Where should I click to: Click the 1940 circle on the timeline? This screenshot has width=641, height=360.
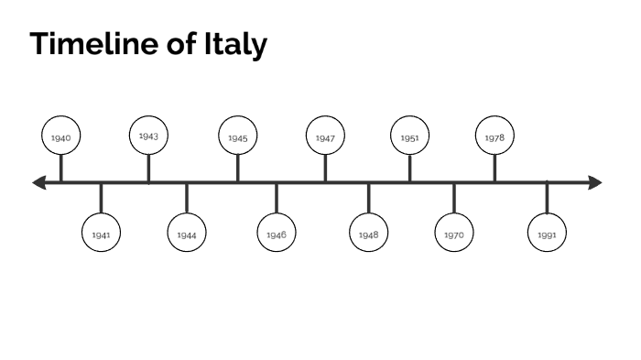click(61, 137)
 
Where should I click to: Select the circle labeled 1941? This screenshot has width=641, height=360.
click(101, 235)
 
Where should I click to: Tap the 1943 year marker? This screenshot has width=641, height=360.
click(148, 136)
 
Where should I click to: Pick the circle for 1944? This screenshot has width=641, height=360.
click(187, 235)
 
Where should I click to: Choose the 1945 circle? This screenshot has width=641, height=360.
click(238, 137)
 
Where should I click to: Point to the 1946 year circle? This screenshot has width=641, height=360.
click(277, 235)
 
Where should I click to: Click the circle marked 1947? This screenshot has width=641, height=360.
click(325, 137)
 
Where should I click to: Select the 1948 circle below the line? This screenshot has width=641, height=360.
click(369, 235)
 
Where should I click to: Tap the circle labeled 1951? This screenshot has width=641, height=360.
click(409, 137)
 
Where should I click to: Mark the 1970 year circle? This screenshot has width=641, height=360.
click(454, 235)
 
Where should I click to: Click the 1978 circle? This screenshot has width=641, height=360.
click(494, 137)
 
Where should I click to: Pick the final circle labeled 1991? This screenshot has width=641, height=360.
click(547, 235)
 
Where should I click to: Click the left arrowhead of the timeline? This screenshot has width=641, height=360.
click(39, 183)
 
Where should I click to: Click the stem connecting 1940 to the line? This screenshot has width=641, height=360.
click(61, 169)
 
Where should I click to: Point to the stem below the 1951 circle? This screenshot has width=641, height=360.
click(409, 169)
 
